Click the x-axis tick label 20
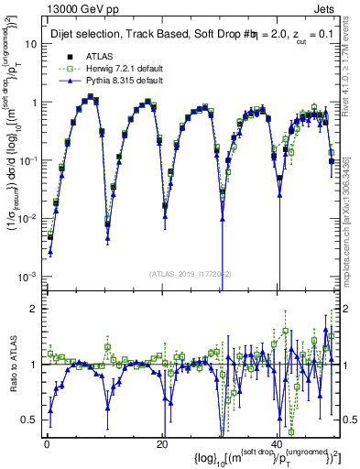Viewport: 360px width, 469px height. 161,444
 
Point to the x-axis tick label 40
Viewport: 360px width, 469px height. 277,444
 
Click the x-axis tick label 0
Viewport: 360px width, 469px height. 46,444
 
